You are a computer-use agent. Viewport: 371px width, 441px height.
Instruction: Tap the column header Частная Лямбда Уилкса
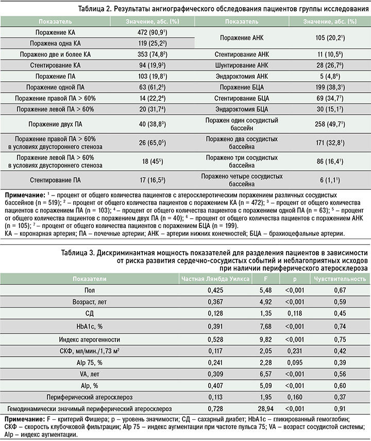(x=215, y=278)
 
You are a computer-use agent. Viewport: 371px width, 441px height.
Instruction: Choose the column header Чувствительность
(x=338, y=278)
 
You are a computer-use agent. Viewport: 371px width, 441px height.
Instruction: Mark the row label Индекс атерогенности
(x=90, y=339)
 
